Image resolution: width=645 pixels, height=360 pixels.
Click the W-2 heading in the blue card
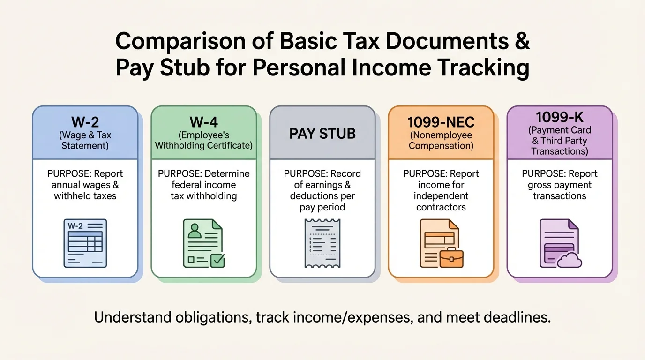(x=85, y=122)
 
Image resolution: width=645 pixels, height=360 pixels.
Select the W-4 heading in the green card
(x=203, y=122)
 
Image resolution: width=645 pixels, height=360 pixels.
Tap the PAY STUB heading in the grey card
(x=322, y=134)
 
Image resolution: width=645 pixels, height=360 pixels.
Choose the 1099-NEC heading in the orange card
(x=441, y=122)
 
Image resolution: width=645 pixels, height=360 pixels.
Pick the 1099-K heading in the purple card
(x=560, y=117)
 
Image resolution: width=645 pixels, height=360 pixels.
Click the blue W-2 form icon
(x=85, y=242)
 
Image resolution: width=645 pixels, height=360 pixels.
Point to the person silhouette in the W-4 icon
(x=194, y=231)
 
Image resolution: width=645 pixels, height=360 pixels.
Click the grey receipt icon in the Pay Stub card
(x=322, y=243)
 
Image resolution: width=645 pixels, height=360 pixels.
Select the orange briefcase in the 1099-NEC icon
(x=452, y=258)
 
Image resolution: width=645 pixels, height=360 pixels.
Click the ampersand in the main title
(x=524, y=42)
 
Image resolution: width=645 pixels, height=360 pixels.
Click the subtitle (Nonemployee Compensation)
(x=441, y=140)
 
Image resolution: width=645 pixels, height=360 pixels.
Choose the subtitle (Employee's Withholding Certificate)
(x=203, y=140)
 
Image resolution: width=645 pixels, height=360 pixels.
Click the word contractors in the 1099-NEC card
(x=441, y=207)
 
